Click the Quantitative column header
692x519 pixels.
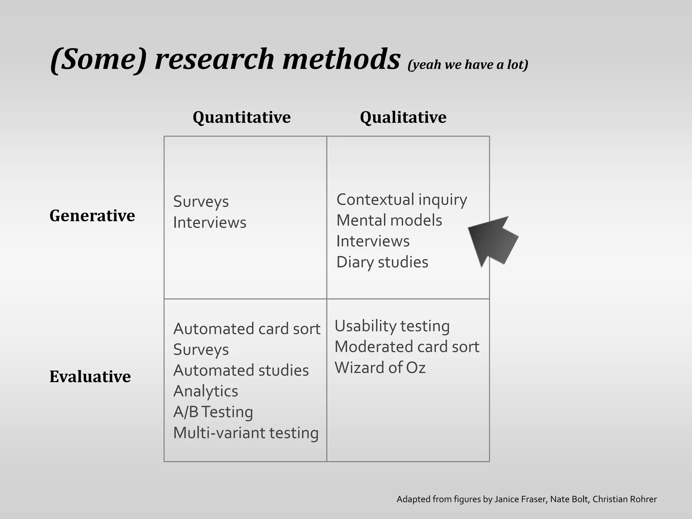click(x=242, y=117)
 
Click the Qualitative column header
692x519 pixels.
click(x=403, y=117)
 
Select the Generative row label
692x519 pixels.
click(x=92, y=216)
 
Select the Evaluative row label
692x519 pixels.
click(x=90, y=376)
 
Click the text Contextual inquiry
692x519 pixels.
click(x=401, y=199)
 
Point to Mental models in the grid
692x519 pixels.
click(x=389, y=220)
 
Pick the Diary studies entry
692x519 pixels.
click(x=382, y=262)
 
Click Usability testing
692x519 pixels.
click(x=392, y=326)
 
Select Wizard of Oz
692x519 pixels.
click(x=380, y=368)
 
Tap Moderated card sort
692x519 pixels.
click(x=407, y=347)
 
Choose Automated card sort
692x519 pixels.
click(x=247, y=329)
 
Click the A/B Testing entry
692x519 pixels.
click(x=213, y=412)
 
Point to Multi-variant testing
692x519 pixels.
click(x=246, y=433)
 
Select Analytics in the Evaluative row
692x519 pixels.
click(x=205, y=391)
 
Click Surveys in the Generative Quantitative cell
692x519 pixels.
click(x=201, y=202)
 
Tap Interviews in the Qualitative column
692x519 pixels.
click(x=373, y=241)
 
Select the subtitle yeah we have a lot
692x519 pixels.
click(x=468, y=65)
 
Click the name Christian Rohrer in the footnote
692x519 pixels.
click(x=624, y=499)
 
